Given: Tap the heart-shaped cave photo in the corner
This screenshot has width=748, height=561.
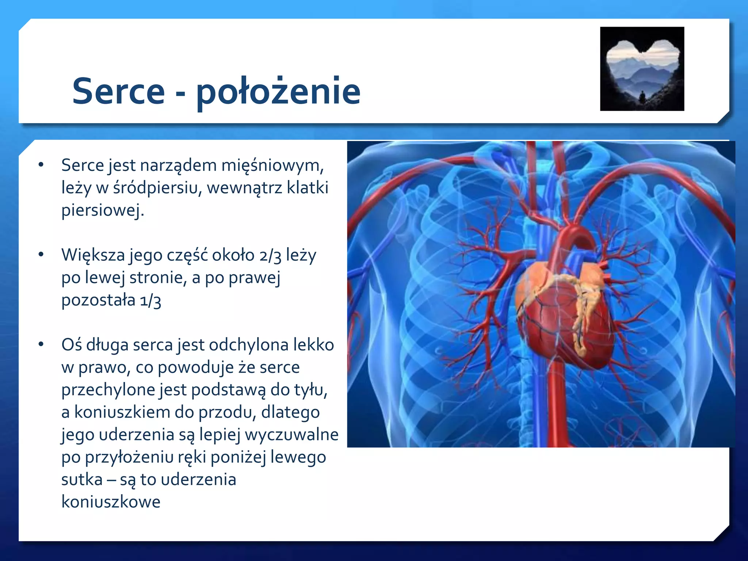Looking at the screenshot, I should (642, 69).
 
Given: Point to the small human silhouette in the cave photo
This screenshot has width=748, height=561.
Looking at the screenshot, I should (642, 97).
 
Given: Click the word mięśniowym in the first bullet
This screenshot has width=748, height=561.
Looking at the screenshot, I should (272, 165).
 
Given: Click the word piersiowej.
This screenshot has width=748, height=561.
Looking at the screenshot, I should (103, 210).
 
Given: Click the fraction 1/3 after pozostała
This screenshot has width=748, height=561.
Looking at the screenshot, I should (150, 301).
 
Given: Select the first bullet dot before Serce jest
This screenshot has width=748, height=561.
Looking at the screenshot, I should (41, 165).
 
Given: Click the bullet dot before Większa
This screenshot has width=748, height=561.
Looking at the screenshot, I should (41, 255).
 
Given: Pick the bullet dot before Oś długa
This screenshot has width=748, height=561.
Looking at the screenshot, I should (41, 344).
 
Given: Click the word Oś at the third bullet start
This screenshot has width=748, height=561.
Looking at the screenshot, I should (72, 345).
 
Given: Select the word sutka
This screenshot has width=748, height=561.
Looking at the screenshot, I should (82, 480).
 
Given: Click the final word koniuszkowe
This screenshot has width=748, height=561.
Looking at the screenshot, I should (111, 502).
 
